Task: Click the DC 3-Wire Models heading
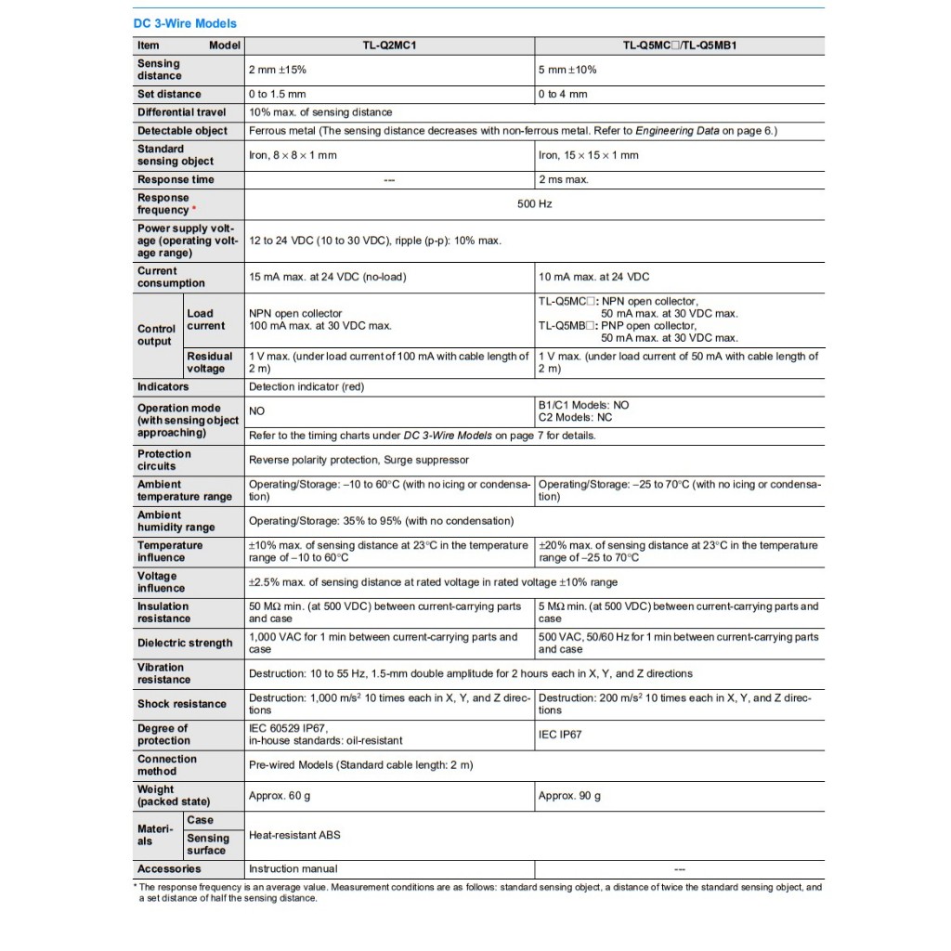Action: point(186,23)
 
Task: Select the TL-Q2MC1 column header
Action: point(388,45)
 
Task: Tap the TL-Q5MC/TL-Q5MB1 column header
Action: point(679,45)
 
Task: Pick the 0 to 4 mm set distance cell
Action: point(563,94)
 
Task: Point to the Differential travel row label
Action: point(181,112)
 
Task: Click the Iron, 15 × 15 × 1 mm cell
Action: point(589,155)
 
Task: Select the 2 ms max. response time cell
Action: point(563,179)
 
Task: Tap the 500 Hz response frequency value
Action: point(534,203)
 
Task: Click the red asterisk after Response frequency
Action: point(193,210)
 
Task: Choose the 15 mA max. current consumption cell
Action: point(327,277)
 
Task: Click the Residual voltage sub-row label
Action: point(209,362)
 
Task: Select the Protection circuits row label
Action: point(164,460)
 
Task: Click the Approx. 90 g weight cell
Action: point(569,796)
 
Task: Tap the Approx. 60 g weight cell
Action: point(280,796)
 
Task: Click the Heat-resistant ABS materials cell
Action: point(294,835)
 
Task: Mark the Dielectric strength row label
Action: point(185,643)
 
